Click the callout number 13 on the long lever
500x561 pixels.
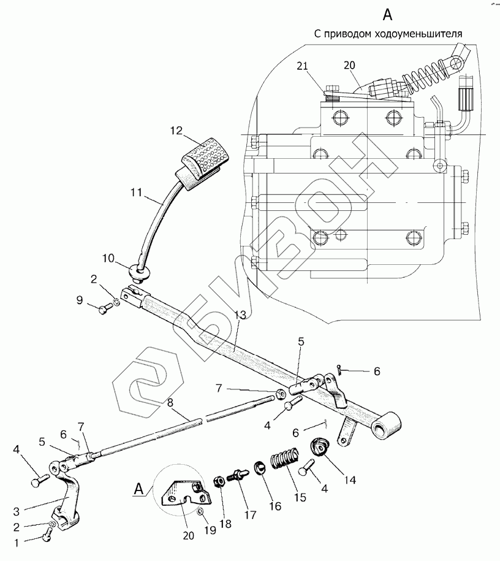(x=240, y=315)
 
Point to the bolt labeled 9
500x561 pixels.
(x=102, y=308)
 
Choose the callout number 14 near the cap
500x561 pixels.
(x=334, y=480)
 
